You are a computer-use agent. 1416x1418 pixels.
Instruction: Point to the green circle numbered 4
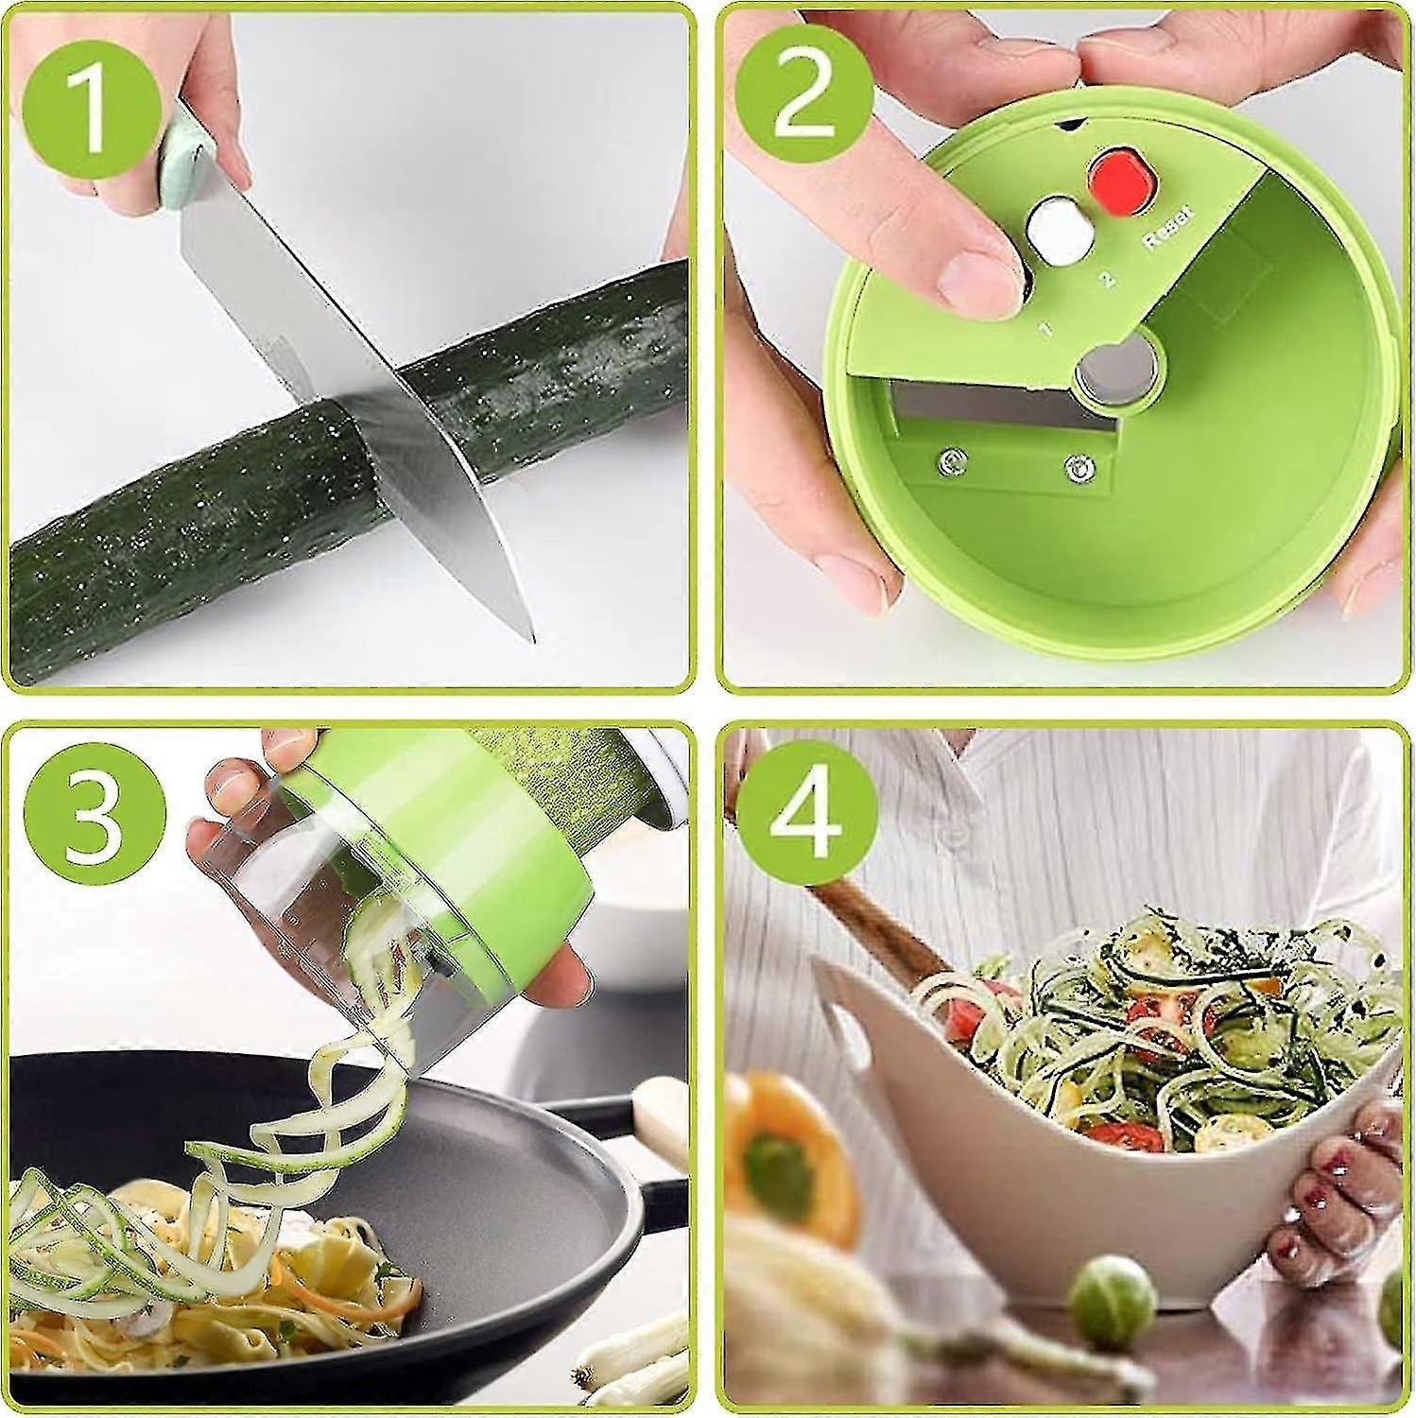(x=805, y=814)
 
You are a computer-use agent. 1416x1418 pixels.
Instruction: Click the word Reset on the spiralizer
(x=1169, y=228)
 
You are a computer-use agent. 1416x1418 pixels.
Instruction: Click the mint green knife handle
(x=190, y=151)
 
